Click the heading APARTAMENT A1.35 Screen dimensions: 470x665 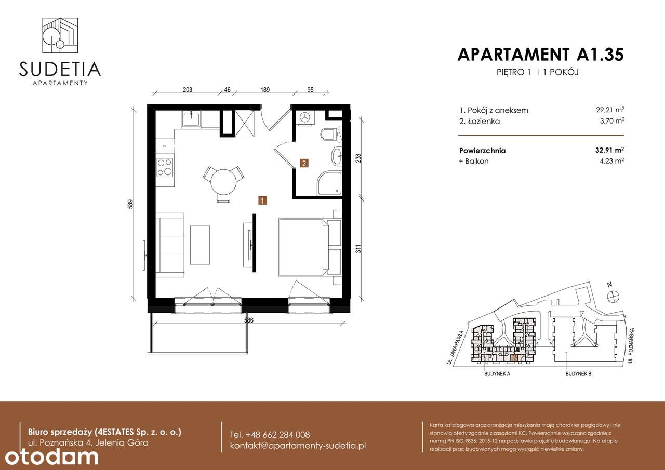click(x=540, y=55)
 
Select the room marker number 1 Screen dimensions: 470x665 click(x=263, y=200)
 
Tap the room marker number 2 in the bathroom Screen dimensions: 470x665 click(x=304, y=163)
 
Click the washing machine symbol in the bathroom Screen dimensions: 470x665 click(x=304, y=118)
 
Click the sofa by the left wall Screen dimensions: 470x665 click(x=171, y=244)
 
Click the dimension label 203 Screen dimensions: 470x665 click(x=188, y=89)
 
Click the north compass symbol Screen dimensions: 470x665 click(x=613, y=296)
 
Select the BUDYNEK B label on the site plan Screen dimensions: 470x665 click(x=578, y=374)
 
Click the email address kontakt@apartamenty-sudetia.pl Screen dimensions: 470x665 click(x=298, y=446)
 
